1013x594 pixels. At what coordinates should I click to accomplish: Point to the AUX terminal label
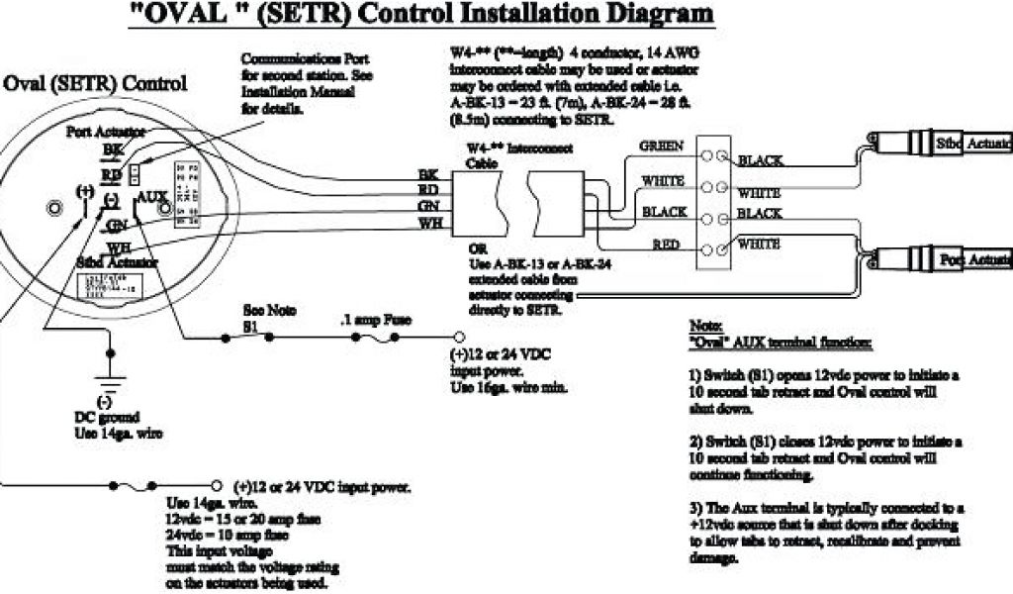point(152,197)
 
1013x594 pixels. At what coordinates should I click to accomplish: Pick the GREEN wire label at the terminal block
point(660,147)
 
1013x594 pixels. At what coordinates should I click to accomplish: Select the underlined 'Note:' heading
point(703,326)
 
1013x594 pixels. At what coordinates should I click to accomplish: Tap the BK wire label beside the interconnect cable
point(428,173)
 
